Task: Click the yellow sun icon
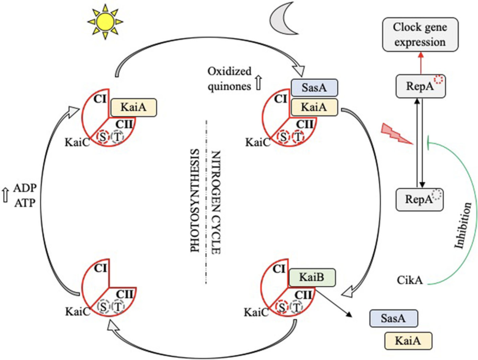(x=105, y=22)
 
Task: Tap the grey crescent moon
(x=282, y=19)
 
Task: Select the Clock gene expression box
(x=420, y=35)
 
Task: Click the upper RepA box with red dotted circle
(x=420, y=86)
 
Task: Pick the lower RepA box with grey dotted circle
(x=419, y=199)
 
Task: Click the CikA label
(x=409, y=280)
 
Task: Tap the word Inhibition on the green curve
(x=463, y=225)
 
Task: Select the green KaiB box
(x=312, y=277)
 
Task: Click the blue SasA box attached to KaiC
(x=314, y=88)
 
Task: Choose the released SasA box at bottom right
(x=393, y=318)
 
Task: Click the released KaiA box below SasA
(x=408, y=341)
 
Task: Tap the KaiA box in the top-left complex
(x=133, y=108)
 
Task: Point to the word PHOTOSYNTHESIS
(x=195, y=201)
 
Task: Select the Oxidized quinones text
(x=229, y=79)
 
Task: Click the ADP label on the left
(x=25, y=188)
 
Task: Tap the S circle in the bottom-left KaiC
(x=103, y=306)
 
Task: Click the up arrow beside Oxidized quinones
(x=258, y=83)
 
